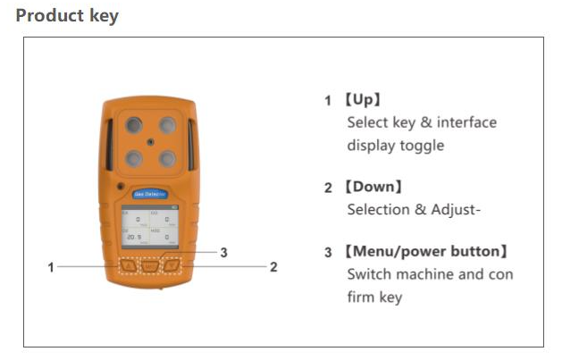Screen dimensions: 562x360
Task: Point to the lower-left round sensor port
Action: coord(133,158)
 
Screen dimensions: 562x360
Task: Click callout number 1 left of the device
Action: coord(52,266)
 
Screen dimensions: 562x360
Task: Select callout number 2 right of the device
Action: coord(273,266)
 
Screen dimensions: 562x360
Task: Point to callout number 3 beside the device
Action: coord(223,253)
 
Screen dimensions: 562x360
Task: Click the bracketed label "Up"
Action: coord(367,99)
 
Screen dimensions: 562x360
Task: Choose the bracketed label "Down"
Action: coord(374,187)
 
